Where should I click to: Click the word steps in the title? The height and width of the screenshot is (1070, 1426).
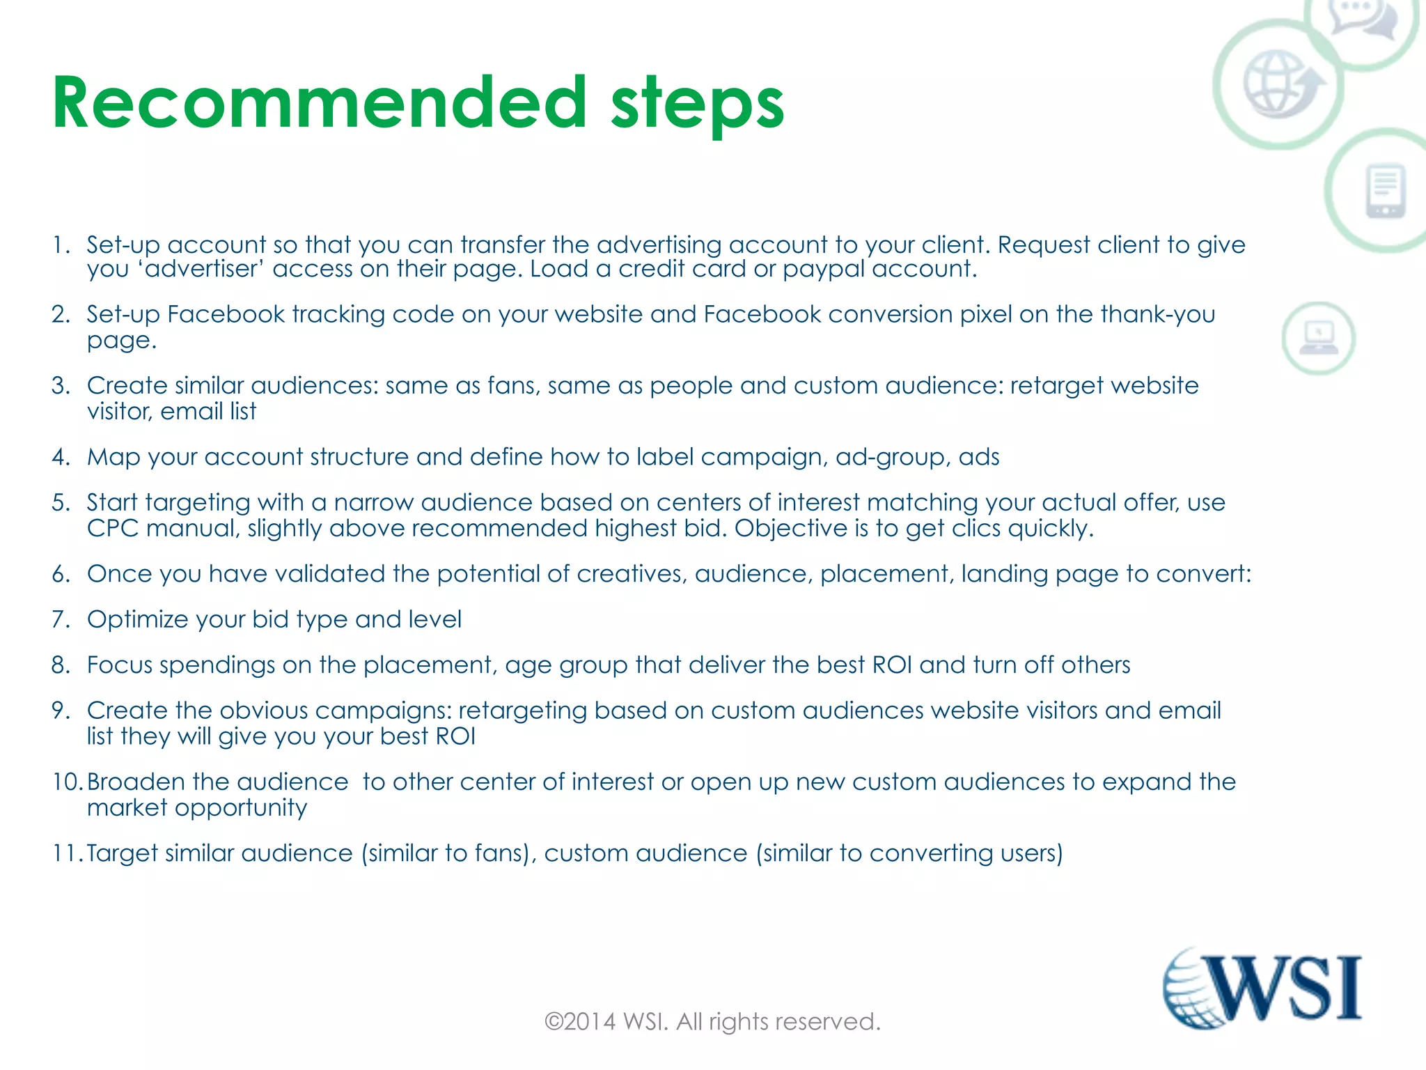pyautogui.click(x=697, y=106)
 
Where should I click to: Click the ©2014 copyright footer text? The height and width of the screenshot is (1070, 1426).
pyautogui.click(x=712, y=1021)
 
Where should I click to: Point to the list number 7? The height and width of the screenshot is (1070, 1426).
pyautogui.click(x=60, y=619)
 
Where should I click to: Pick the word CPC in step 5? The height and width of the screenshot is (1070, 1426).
pyautogui.click(x=113, y=528)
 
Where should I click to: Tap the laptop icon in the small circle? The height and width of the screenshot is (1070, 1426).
pyautogui.click(x=1318, y=339)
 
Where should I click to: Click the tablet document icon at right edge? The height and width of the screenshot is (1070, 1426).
pyautogui.click(x=1386, y=190)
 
